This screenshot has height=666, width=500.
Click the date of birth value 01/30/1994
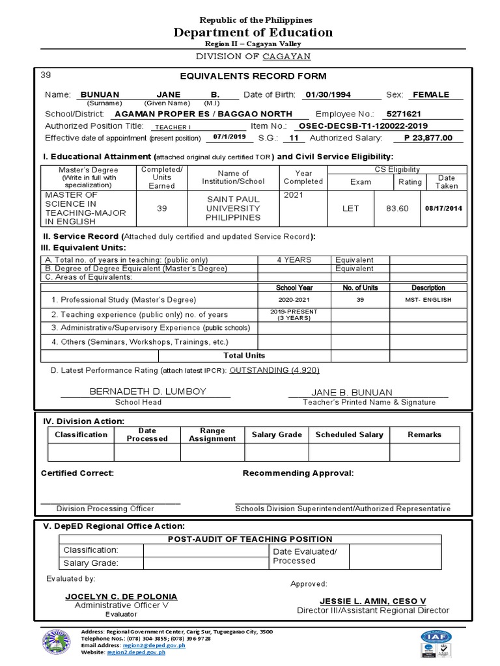click(x=327, y=95)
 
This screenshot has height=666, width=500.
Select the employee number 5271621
click(x=404, y=113)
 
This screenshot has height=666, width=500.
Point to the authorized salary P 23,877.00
click(x=428, y=138)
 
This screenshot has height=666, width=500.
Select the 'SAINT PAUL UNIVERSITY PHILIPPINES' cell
click(x=233, y=208)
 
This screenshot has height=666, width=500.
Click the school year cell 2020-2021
click(x=294, y=300)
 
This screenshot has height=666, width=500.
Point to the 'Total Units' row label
click(x=243, y=356)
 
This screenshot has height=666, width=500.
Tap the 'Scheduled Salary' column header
click(x=349, y=434)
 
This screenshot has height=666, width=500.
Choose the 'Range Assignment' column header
click(x=212, y=434)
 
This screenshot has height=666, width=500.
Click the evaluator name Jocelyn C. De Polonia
click(x=121, y=596)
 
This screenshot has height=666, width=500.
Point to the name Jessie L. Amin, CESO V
click(x=372, y=601)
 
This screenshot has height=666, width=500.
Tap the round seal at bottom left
click(x=57, y=645)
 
